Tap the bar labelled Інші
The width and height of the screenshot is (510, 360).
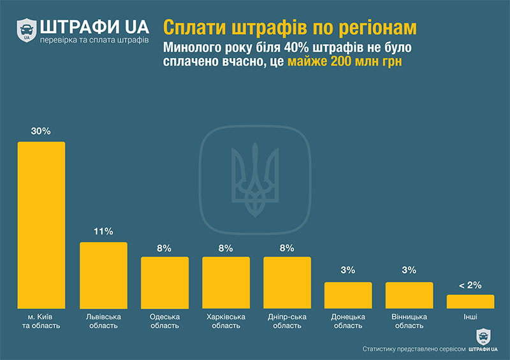coord(470,301)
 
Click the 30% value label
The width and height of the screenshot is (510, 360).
coord(41,131)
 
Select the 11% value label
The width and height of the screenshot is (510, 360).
coord(103,231)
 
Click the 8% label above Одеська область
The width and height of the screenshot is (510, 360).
coord(164,248)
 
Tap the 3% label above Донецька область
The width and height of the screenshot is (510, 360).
coord(348,271)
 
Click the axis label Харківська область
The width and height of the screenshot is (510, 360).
coord(226,320)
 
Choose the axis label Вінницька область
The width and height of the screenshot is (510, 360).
coord(409,320)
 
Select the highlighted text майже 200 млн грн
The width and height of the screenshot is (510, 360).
coord(345,62)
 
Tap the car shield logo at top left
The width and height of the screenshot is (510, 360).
coord(26,30)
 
